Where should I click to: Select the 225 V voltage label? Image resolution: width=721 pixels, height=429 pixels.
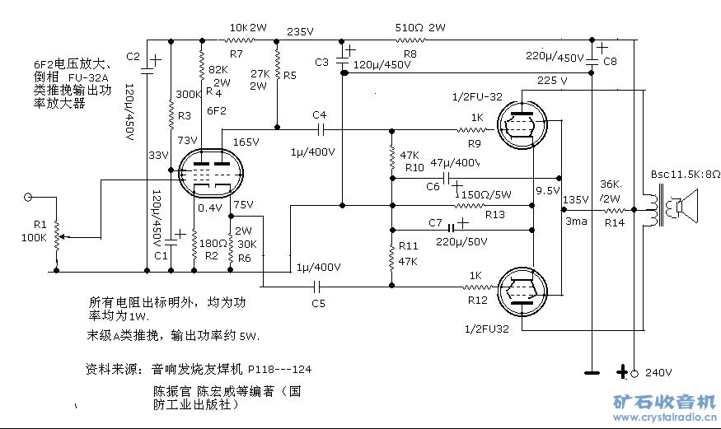[x=552, y=81]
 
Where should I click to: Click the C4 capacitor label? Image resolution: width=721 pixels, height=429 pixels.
[x=320, y=114]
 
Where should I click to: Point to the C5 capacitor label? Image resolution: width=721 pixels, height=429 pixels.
[x=318, y=304]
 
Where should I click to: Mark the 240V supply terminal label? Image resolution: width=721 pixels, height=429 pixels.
[x=658, y=372]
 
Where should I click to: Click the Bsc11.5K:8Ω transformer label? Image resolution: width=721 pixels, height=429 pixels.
[x=685, y=175]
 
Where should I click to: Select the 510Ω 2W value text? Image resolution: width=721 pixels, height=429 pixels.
[x=419, y=27]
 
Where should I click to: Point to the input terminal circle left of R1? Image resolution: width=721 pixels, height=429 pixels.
[x=28, y=196]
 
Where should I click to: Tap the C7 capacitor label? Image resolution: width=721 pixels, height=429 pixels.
[x=437, y=222]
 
